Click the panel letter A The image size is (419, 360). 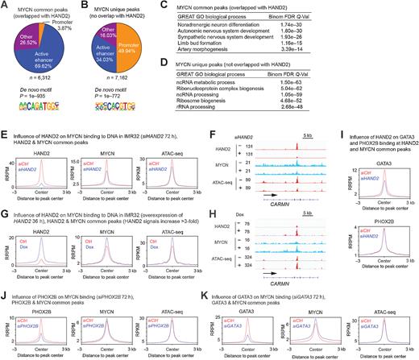point(4,6)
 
